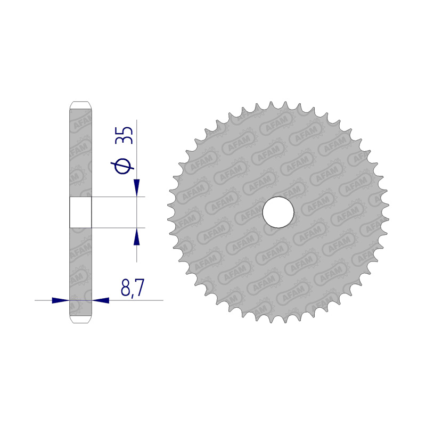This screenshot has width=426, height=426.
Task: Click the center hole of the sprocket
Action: [x=278, y=212]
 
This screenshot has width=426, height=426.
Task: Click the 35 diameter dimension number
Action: [x=124, y=135]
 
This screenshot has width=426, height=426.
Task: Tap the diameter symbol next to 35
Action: [x=122, y=166]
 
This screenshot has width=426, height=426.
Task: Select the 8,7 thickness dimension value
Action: [x=132, y=288]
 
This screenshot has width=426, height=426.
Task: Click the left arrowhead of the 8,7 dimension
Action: [x=61, y=300]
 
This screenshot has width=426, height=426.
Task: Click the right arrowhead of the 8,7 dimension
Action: [x=101, y=300]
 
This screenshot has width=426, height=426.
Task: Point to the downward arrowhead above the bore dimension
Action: [x=136, y=187]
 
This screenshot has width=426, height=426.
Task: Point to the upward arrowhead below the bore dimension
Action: [x=136, y=236]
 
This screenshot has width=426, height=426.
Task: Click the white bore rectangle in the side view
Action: [x=81, y=212]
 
